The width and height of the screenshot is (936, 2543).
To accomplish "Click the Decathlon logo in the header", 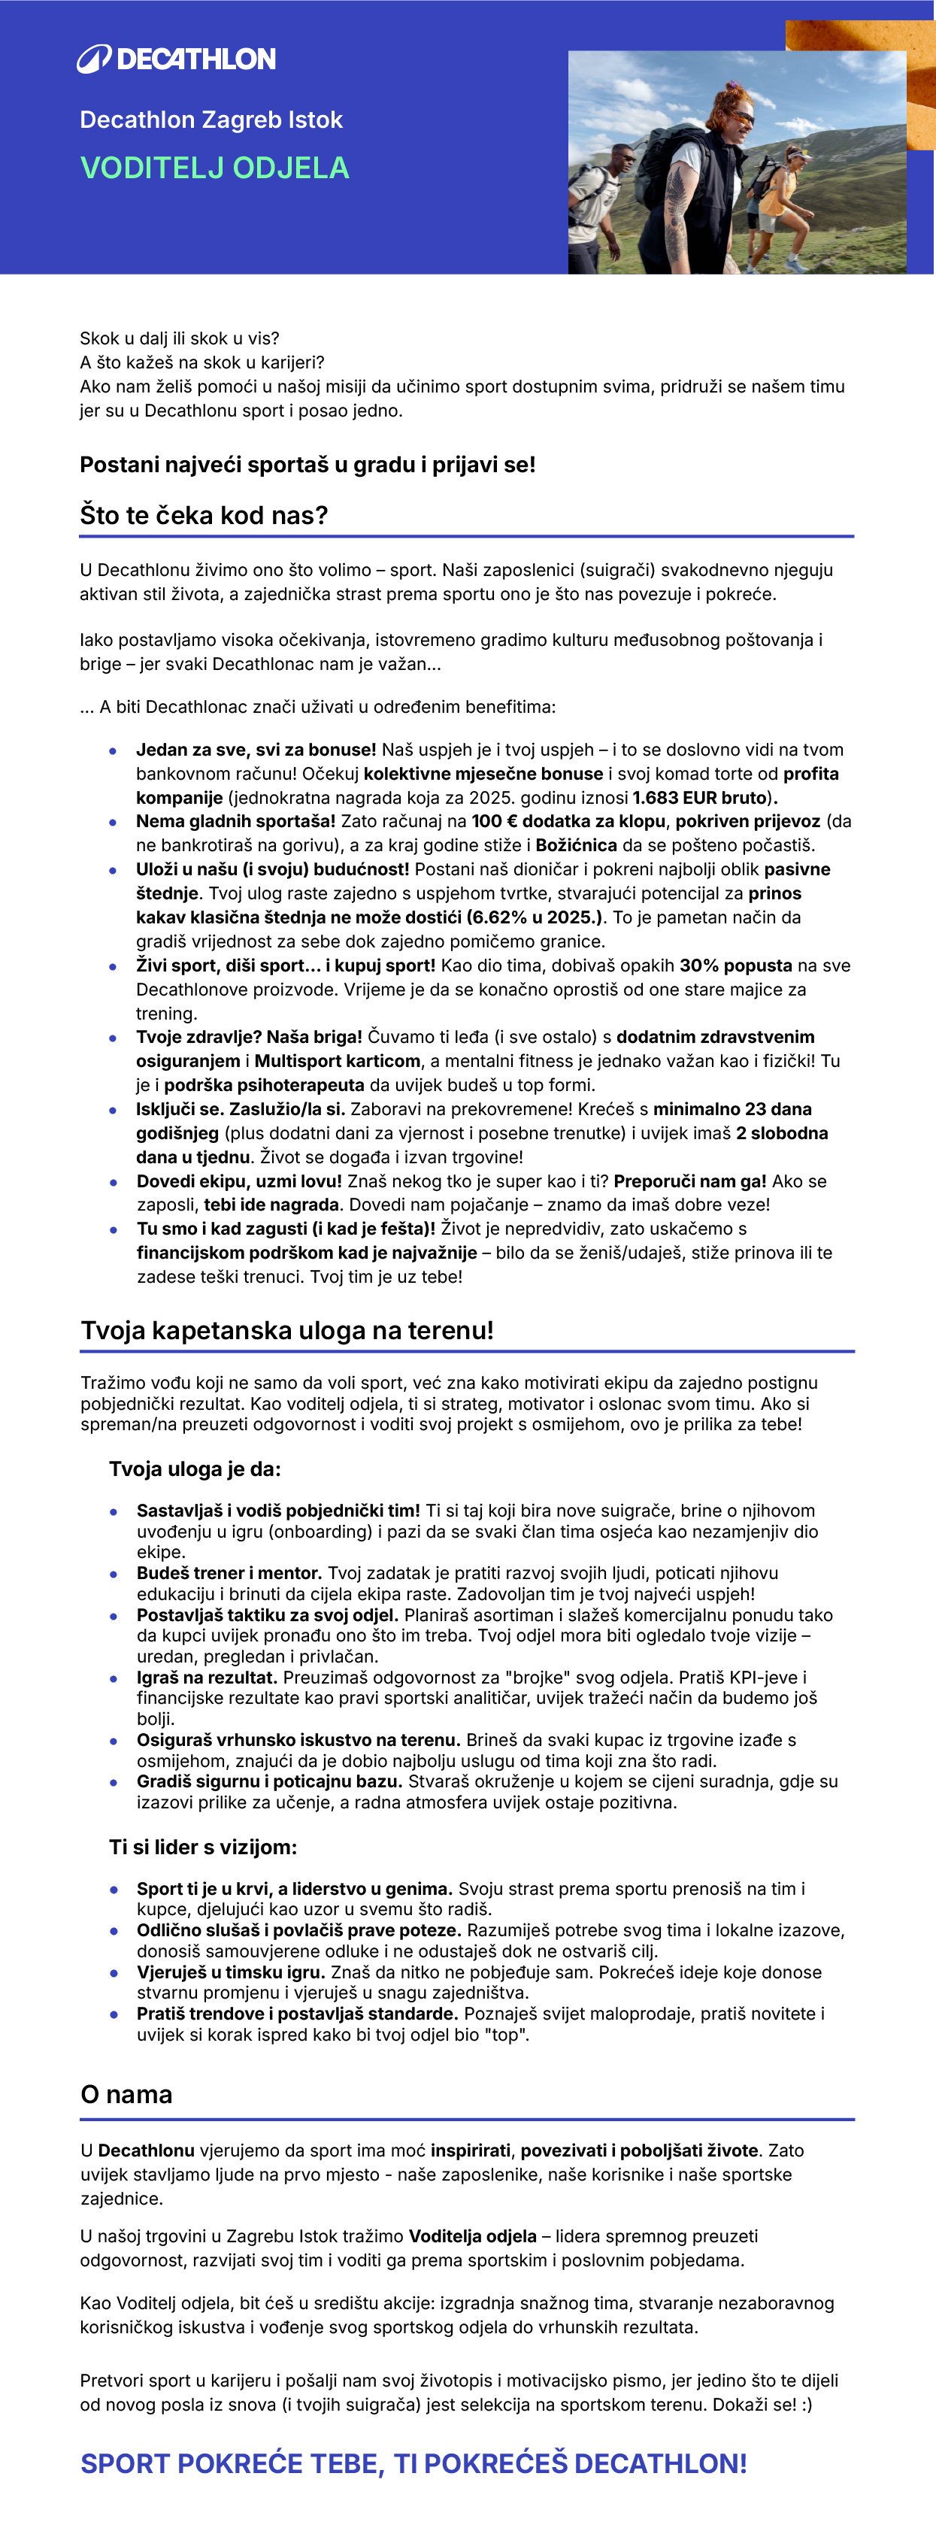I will coord(177,59).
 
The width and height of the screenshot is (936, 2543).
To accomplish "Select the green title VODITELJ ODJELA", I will coord(214,168).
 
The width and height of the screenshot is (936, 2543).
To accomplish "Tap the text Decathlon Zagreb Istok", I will coord(211,120).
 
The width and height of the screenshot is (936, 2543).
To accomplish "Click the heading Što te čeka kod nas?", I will coord(204,515).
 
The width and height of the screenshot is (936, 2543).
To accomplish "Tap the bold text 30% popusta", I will coord(735,965).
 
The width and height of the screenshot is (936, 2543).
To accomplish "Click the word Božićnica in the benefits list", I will coord(577,845).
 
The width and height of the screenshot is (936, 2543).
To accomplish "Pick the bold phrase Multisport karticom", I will coord(337,1061).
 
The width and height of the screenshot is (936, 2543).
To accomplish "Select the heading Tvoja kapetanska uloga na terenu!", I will coord(286,1331).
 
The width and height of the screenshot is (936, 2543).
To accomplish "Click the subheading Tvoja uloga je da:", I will coord(195,1469).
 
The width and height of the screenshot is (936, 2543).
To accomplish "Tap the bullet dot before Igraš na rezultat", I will coord(114,1678).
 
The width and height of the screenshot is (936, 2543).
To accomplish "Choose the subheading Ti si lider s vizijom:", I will coord(202,1847).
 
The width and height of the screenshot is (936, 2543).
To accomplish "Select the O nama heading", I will coord(126,2095).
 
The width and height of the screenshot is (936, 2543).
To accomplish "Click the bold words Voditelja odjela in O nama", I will coord(473,2236).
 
